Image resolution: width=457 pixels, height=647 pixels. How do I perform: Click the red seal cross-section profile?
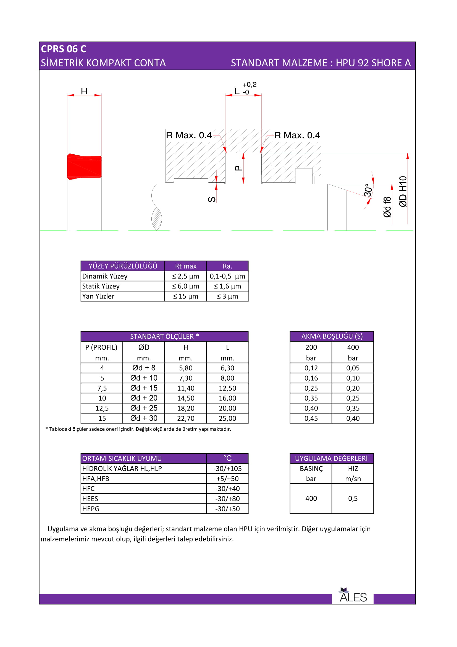pyautogui.click(x=84, y=167)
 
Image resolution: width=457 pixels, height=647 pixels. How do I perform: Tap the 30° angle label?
pyautogui.click(x=368, y=190)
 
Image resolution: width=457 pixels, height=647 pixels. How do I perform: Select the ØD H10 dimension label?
pyautogui.click(x=403, y=192)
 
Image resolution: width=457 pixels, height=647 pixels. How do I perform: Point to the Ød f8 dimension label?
pyautogui.click(x=387, y=207)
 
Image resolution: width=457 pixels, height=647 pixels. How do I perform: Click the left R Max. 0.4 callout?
pyautogui.click(x=189, y=135)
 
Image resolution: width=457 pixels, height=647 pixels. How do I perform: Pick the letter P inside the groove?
pyautogui.click(x=238, y=168)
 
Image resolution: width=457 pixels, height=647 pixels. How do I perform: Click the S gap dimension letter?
pyautogui.click(x=212, y=199)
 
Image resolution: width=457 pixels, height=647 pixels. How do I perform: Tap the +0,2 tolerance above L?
pyautogui.click(x=249, y=85)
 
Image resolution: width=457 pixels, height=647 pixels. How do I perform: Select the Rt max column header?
pyautogui.click(x=185, y=266)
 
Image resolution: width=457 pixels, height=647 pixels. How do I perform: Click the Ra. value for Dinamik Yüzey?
pyautogui.click(x=227, y=276)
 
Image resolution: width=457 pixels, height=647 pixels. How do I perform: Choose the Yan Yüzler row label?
pyautogui.click(x=98, y=296)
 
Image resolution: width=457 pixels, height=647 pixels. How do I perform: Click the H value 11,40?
pyautogui.click(x=185, y=388)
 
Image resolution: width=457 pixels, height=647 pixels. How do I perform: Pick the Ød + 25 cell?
pyautogui.click(x=144, y=408)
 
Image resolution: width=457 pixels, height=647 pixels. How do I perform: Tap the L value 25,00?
pyautogui.click(x=227, y=418)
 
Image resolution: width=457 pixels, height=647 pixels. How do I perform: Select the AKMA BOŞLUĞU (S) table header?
pyautogui.click(x=332, y=336)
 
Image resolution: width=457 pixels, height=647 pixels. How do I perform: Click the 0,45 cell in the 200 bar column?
pyautogui.click(x=311, y=418)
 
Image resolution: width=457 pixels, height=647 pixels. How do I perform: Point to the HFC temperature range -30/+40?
pyautogui.click(x=227, y=489)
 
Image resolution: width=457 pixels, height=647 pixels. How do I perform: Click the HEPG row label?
pyautogui.click(x=91, y=509)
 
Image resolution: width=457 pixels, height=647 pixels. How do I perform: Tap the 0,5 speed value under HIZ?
pyautogui.click(x=353, y=498)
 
